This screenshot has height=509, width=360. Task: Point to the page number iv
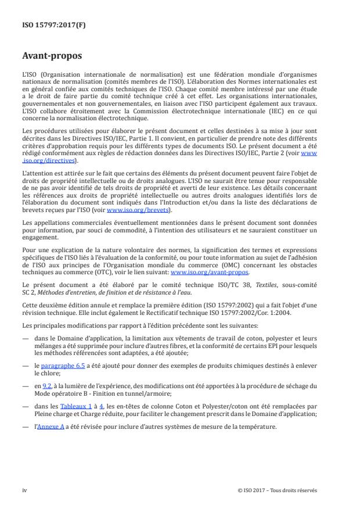click(24, 489)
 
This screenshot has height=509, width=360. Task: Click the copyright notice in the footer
click(277, 489)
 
